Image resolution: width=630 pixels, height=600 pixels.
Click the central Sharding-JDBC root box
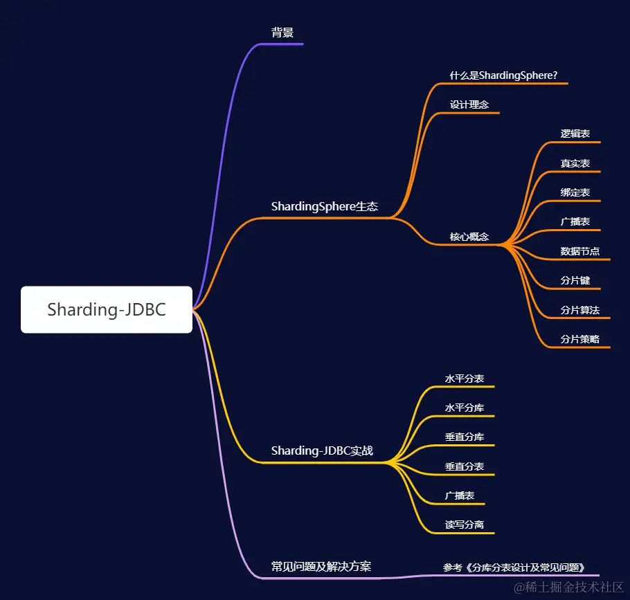coord(107,309)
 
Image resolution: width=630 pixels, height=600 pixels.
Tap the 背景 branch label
coord(282,33)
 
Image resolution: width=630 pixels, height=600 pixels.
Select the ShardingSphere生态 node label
coord(324,206)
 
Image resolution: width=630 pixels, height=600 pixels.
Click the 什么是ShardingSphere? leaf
coord(503,75)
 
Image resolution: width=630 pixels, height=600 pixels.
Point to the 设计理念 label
coord(469,104)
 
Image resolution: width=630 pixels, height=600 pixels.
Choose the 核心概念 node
coord(469,237)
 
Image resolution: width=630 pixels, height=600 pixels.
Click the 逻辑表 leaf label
coord(575,134)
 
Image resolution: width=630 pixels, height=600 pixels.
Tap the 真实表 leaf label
coord(575,163)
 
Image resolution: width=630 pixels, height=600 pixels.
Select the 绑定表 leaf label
coord(575,192)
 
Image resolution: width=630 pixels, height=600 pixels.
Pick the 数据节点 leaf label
coord(579,251)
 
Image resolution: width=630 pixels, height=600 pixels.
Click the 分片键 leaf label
coord(575,281)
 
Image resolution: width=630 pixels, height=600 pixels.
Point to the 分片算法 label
coord(579,310)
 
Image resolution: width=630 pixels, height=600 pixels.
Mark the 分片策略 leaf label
coord(579,339)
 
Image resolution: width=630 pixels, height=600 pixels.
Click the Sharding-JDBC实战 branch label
coord(322,451)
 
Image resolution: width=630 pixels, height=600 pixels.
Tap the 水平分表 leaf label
coord(464,379)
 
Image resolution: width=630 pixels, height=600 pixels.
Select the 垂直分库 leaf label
coord(464,437)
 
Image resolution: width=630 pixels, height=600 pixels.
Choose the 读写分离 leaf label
coord(464,525)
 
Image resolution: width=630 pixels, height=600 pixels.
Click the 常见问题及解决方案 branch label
coord(321,566)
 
